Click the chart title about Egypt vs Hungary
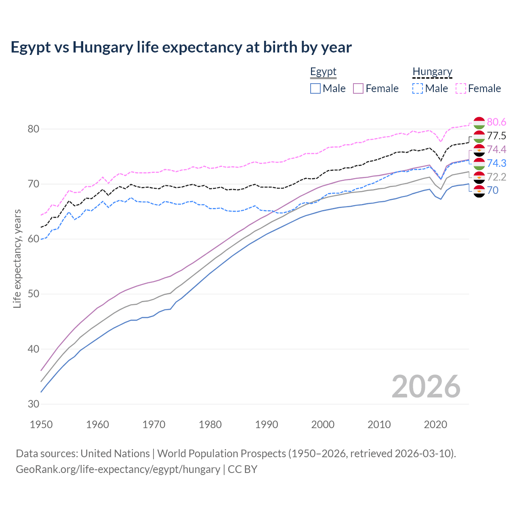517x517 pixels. click(x=181, y=47)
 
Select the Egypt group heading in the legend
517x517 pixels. click(x=323, y=72)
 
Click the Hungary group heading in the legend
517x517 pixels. click(x=432, y=72)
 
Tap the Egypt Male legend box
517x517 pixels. click(x=315, y=88)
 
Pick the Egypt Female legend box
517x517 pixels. click(x=359, y=88)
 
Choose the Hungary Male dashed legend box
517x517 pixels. click(x=418, y=88)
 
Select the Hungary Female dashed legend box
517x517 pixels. click(x=461, y=88)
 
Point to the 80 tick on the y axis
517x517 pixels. click(x=33, y=129)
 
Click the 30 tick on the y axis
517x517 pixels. click(x=33, y=404)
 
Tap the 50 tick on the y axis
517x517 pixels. click(x=33, y=294)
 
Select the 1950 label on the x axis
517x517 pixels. click(x=41, y=425)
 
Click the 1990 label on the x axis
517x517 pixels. click(x=267, y=425)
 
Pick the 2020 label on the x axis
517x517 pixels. click(x=435, y=425)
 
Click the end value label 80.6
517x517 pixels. click(x=496, y=122)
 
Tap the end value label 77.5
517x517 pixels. click(x=496, y=136)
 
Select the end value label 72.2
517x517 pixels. click(x=496, y=177)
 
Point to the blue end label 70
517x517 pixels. click(x=493, y=191)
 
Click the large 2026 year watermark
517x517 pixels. click(x=426, y=387)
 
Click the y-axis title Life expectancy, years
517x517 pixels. click(x=17, y=258)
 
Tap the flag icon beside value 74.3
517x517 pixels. click(x=479, y=164)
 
